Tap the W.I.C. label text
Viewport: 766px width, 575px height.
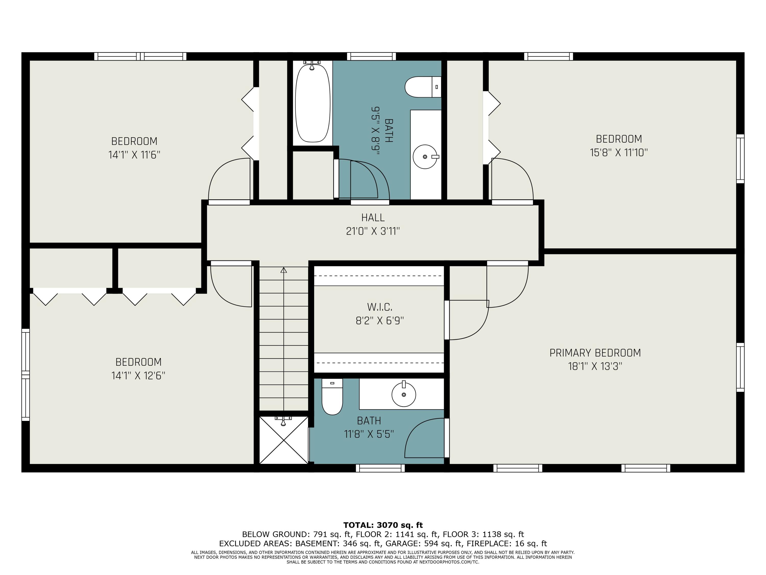click(x=379, y=307)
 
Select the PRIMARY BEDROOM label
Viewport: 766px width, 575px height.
click(x=595, y=353)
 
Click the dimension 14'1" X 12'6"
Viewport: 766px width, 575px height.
click(x=138, y=376)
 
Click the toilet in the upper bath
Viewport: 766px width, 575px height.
click(x=423, y=87)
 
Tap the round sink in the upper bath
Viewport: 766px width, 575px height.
click(x=425, y=157)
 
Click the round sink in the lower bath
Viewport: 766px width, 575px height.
click(x=403, y=394)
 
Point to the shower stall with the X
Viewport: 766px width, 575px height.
click(x=284, y=440)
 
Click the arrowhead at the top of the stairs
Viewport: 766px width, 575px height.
click(x=284, y=270)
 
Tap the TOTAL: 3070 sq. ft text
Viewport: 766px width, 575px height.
click(x=383, y=525)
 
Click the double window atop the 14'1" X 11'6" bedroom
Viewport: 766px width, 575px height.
click(x=140, y=56)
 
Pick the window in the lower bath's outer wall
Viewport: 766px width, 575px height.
click(x=380, y=468)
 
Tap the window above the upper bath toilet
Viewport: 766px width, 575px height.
click(x=371, y=56)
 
